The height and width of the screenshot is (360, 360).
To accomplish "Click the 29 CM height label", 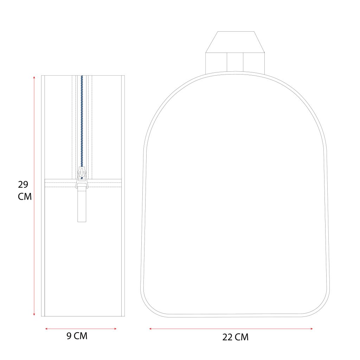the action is click(x=25, y=191).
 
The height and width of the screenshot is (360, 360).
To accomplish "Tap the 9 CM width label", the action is click(x=77, y=336).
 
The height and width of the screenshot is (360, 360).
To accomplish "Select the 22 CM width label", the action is click(x=235, y=337).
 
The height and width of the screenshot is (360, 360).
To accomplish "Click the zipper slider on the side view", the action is click(x=82, y=177).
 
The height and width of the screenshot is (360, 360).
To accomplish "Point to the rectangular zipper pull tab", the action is click(x=82, y=204).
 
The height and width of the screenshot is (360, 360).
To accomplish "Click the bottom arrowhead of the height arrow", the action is click(x=34, y=314).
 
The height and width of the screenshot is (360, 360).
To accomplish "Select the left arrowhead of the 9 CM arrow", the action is click(x=46, y=329).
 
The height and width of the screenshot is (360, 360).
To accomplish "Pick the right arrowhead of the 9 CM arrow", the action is click(x=115, y=329).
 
